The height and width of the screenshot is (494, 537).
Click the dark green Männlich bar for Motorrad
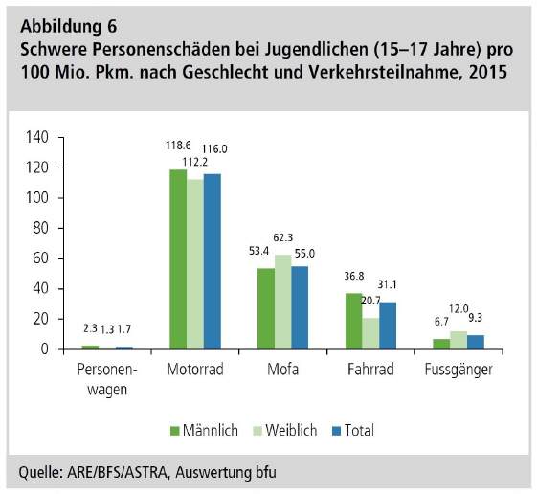click(x=178, y=259)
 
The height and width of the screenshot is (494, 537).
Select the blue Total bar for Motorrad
click(x=213, y=261)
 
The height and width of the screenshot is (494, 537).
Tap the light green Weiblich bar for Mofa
click(x=283, y=302)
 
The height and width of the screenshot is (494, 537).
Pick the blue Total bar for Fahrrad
click(x=388, y=326)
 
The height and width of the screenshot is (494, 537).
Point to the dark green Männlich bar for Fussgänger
click(x=441, y=344)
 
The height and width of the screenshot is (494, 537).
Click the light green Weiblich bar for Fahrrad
click(x=370, y=333)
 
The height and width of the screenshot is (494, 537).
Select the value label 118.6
click(x=178, y=146)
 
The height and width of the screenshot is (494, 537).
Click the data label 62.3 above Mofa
click(x=283, y=237)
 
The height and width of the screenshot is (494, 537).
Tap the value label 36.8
click(x=354, y=276)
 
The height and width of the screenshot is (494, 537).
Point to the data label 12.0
click(x=459, y=309)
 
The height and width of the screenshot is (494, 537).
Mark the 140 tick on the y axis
click(x=37, y=137)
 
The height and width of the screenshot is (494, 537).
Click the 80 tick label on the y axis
click(x=41, y=228)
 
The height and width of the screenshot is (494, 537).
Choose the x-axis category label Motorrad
click(x=195, y=370)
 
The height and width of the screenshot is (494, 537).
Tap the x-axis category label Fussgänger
click(x=459, y=370)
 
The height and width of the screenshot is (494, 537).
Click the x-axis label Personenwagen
click(x=107, y=379)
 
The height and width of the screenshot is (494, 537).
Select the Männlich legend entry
click(x=204, y=430)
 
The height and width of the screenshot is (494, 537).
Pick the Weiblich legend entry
click(x=285, y=430)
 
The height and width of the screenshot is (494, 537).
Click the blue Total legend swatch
click(x=337, y=431)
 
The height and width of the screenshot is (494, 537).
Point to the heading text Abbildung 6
click(x=69, y=27)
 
